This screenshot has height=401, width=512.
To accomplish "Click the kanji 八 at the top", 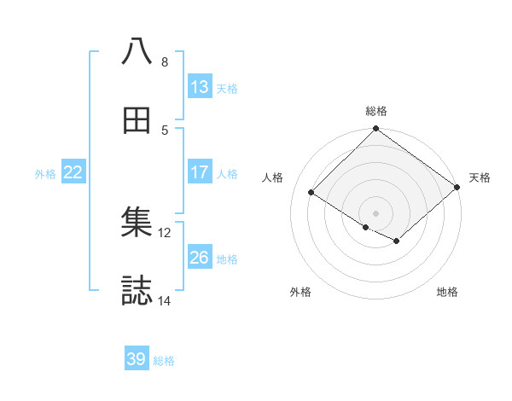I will (x=137, y=51).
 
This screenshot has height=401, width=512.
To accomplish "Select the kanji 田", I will (x=137, y=121).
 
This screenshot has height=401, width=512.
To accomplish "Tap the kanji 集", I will (x=137, y=223).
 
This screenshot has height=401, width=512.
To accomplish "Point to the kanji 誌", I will (x=137, y=291).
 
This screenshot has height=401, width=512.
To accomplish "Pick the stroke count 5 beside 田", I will (x=165, y=131).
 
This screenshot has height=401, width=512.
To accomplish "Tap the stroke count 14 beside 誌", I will (x=165, y=300).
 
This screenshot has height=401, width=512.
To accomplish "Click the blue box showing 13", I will (x=200, y=86).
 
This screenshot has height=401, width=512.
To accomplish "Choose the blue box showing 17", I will (x=200, y=172).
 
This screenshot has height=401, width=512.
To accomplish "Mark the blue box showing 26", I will (x=200, y=258).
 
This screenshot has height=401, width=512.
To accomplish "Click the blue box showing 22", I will (x=73, y=172).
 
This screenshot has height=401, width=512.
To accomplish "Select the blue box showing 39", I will (x=137, y=359).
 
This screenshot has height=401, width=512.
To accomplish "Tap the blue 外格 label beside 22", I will (x=45, y=173).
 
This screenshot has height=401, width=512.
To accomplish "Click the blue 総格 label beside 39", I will (x=164, y=360).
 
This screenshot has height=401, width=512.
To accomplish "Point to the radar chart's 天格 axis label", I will (x=480, y=177).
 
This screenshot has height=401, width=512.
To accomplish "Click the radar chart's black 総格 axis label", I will (x=376, y=111).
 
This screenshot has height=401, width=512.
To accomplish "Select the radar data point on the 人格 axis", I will (x=312, y=193).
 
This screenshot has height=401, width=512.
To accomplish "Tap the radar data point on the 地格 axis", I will (x=396, y=242).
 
